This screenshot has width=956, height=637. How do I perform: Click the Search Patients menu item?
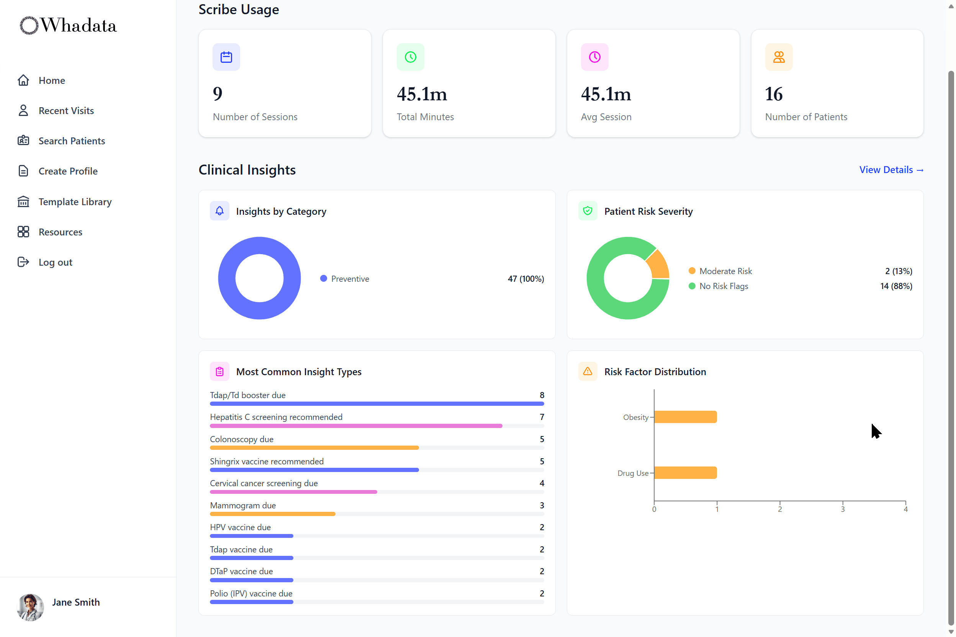(x=72, y=141)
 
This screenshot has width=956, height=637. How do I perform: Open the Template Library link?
(x=75, y=202)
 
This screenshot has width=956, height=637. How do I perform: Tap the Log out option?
(x=55, y=263)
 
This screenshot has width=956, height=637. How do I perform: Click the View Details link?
(x=891, y=170)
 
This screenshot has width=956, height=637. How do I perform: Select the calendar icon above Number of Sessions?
(x=226, y=57)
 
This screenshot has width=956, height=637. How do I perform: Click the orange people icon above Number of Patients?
(x=779, y=57)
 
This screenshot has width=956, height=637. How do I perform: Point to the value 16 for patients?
(x=774, y=94)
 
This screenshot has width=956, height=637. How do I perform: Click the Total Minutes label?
(x=425, y=117)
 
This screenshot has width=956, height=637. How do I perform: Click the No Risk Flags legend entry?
(x=724, y=286)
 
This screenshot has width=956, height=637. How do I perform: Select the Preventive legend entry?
(x=350, y=279)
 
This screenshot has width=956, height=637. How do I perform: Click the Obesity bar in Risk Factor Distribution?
(x=685, y=417)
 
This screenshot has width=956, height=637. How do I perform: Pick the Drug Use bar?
(x=685, y=473)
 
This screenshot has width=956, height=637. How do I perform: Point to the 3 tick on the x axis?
(x=843, y=509)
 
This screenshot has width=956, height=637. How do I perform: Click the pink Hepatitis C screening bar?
(x=356, y=426)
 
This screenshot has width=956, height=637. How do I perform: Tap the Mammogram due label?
(x=243, y=506)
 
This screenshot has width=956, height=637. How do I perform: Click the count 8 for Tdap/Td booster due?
(x=542, y=395)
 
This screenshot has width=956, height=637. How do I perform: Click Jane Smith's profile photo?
(x=31, y=607)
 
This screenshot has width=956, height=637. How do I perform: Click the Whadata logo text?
(x=79, y=26)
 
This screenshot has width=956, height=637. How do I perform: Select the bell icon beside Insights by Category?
(x=219, y=211)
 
